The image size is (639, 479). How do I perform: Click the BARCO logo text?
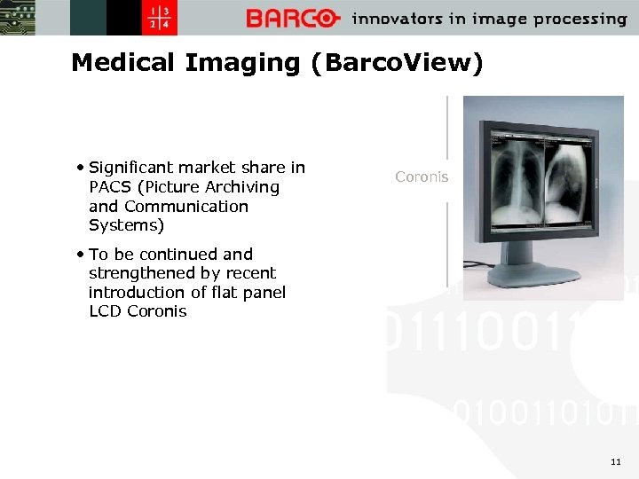coord(293,19)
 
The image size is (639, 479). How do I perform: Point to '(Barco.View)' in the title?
coord(397,63)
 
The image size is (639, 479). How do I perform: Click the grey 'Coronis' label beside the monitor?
coord(422,177)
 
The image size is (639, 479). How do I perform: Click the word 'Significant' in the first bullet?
coord(130,168)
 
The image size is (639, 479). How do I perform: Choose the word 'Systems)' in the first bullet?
coord(127,226)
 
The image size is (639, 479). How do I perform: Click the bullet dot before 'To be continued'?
coord(82,254)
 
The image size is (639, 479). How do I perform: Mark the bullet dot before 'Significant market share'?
coord(82,167)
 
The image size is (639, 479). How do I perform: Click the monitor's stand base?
coord(532,277)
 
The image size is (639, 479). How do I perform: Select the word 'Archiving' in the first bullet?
coord(242,187)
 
